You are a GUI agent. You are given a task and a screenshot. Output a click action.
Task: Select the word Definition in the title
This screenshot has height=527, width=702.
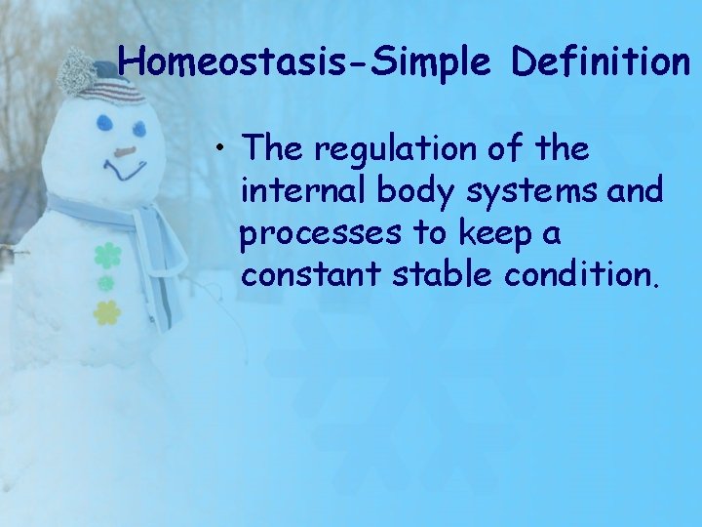(x=600, y=62)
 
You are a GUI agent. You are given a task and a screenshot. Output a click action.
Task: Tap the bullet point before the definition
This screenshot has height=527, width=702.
(x=223, y=148)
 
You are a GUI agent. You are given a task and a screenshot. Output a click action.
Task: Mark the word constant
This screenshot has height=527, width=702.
(x=313, y=276)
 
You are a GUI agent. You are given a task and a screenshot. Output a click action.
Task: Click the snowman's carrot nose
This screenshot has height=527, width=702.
(x=124, y=152)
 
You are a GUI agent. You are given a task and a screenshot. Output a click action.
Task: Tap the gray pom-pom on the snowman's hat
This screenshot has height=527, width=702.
(x=75, y=71)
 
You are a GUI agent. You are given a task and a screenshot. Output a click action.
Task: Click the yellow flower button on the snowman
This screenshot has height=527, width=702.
(x=106, y=312)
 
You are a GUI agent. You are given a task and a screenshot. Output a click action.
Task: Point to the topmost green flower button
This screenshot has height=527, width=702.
(x=106, y=256)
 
